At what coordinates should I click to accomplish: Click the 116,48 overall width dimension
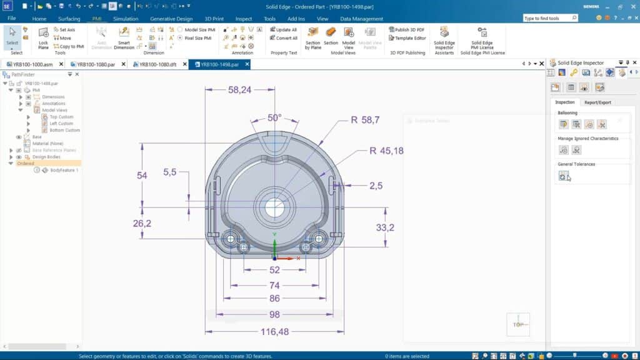275,332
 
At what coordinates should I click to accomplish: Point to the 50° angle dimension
274,117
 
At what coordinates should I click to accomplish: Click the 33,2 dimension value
385,228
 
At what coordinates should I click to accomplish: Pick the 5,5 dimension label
171,171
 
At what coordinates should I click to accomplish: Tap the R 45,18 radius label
386,151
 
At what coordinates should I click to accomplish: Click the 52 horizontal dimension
275,270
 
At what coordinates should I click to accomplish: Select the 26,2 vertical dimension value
142,223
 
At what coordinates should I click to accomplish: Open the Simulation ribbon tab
126,19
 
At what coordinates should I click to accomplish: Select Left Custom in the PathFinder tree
61,124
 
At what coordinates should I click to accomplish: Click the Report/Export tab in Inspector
597,102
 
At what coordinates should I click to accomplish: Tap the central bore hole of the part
274,208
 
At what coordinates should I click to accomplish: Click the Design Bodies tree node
46,157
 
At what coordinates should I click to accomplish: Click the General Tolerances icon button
563,177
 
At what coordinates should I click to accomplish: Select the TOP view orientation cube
518,324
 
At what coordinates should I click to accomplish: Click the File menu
12,19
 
